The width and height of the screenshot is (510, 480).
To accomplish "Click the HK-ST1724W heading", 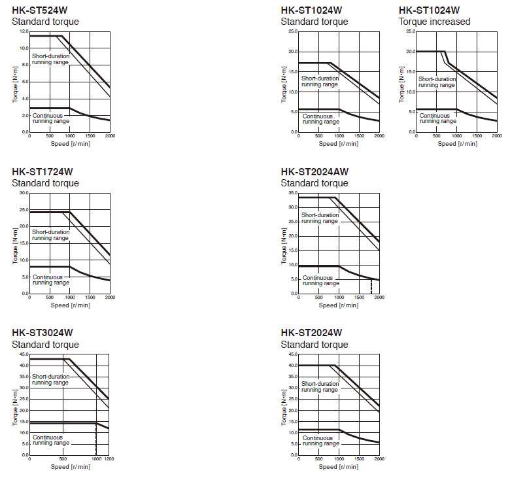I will click(42, 171).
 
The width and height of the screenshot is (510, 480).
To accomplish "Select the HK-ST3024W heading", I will click(42, 333).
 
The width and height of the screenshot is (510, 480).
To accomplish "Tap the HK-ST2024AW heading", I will click(314, 171).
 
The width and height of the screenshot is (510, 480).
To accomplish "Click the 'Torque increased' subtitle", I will click(434, 22).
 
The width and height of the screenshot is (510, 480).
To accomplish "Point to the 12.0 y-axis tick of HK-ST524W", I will click(24, 31).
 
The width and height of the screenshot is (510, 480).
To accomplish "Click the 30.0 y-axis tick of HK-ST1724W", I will click(24, 193).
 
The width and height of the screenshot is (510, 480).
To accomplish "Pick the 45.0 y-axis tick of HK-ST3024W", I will click(24, 354).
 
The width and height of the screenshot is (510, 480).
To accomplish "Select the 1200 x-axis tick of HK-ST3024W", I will click(109, 460).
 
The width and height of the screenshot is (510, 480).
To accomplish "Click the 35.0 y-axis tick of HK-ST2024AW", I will click(293, 193).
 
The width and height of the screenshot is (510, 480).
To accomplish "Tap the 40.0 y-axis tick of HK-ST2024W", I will click(293, 366).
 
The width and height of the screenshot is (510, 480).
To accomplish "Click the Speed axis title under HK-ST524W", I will click(70, 143).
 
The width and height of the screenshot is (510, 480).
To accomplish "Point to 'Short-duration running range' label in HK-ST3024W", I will click(50, 380).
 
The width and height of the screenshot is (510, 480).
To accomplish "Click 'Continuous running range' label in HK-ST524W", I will click(50, 118).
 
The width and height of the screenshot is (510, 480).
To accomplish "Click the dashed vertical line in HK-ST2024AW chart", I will click(371, 286).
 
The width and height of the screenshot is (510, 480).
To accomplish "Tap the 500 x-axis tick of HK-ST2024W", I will click(318, 460).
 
